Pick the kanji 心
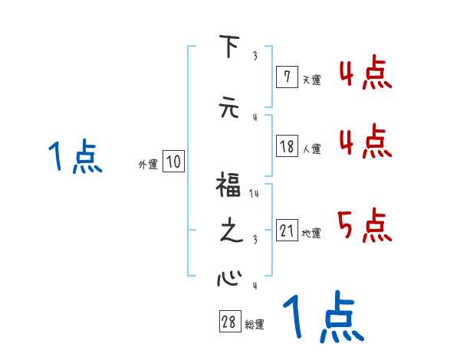(228, 277)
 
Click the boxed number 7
(286, 77)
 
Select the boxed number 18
(287, 147)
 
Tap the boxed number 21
(287, 231)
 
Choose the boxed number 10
(173, 162)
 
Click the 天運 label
(311, 79)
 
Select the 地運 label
(312, 234)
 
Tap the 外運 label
(148, 164)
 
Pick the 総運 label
(255, 325)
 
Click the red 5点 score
(364, 224)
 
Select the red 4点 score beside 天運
(364, 75)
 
